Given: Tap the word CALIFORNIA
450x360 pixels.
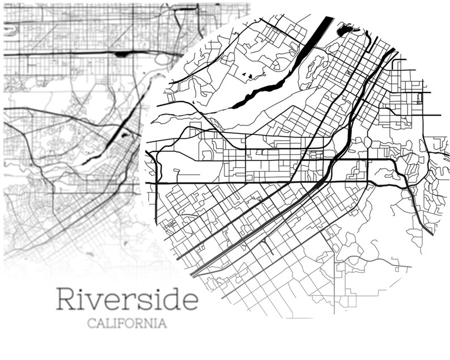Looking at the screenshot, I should click(x=127, y=324).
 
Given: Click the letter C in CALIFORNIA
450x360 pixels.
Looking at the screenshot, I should click(x=91, y=324).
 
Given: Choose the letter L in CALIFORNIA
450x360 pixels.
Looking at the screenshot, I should click(x=108, y=324).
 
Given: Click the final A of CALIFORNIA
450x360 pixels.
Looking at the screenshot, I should click(x=163, y=324).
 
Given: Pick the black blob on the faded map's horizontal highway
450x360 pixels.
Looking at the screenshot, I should click(x=122, y=54).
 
